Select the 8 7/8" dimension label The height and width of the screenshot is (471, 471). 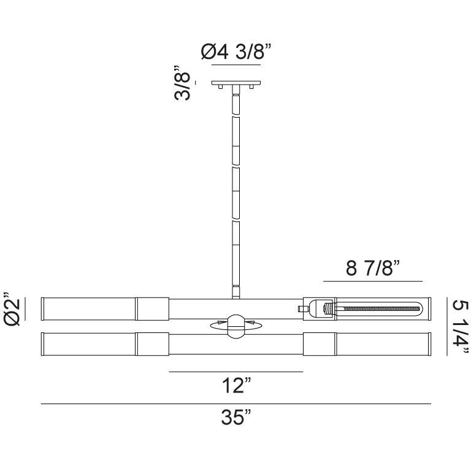(373, 268)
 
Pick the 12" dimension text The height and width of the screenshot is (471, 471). (236, 386)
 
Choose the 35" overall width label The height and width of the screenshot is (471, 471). (236, 418)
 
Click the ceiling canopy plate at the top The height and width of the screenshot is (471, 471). (236, 83)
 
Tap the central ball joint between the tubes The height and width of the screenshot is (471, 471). (235, 326)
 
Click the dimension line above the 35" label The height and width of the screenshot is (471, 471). (236, 404)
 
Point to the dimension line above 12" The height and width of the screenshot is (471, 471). (236, 372)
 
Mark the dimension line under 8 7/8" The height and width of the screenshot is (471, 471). (373, 281)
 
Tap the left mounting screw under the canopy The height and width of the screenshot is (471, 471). (220, 88)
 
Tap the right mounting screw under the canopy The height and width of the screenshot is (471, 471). (252, 88)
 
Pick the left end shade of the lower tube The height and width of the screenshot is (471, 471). (88, 343)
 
